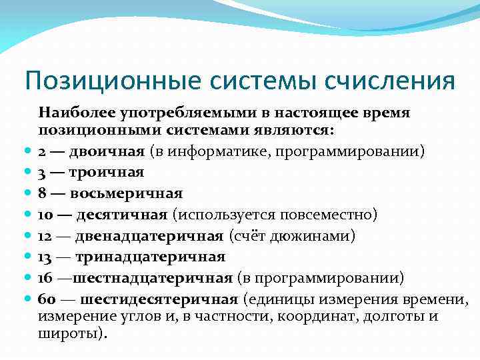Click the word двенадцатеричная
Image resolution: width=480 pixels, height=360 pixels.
coord(149,236)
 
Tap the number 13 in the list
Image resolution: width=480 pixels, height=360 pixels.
coord(46,257)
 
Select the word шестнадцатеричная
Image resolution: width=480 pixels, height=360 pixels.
coord(153,278)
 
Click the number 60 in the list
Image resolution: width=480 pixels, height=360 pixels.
coord(47,299)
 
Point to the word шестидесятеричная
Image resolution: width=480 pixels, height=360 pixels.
coord(157,299)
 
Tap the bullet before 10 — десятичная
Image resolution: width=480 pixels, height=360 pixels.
coord(27,215)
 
